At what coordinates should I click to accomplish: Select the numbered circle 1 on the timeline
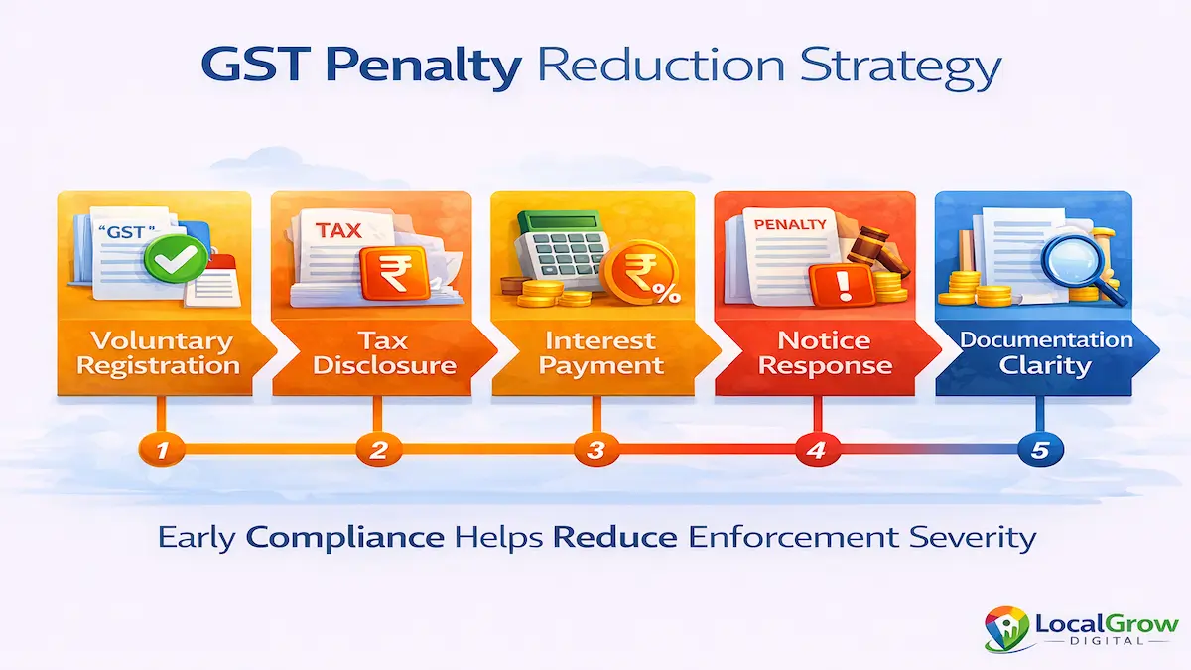[x=159, y=450]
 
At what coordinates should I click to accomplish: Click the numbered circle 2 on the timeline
[x=377, y=450]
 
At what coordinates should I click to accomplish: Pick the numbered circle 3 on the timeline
[x=595, y=450]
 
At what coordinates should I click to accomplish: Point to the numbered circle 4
[x=815, y=450]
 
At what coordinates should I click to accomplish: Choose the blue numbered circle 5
[x=1039, y=450]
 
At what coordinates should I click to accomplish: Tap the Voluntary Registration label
[x=159, y=353]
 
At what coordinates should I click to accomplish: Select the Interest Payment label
[x=595, y=353]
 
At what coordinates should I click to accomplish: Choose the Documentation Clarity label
[x=1045, y=352]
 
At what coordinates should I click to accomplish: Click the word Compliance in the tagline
[x=344, y=538]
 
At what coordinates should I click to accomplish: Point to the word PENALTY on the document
[x=790, y=224]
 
